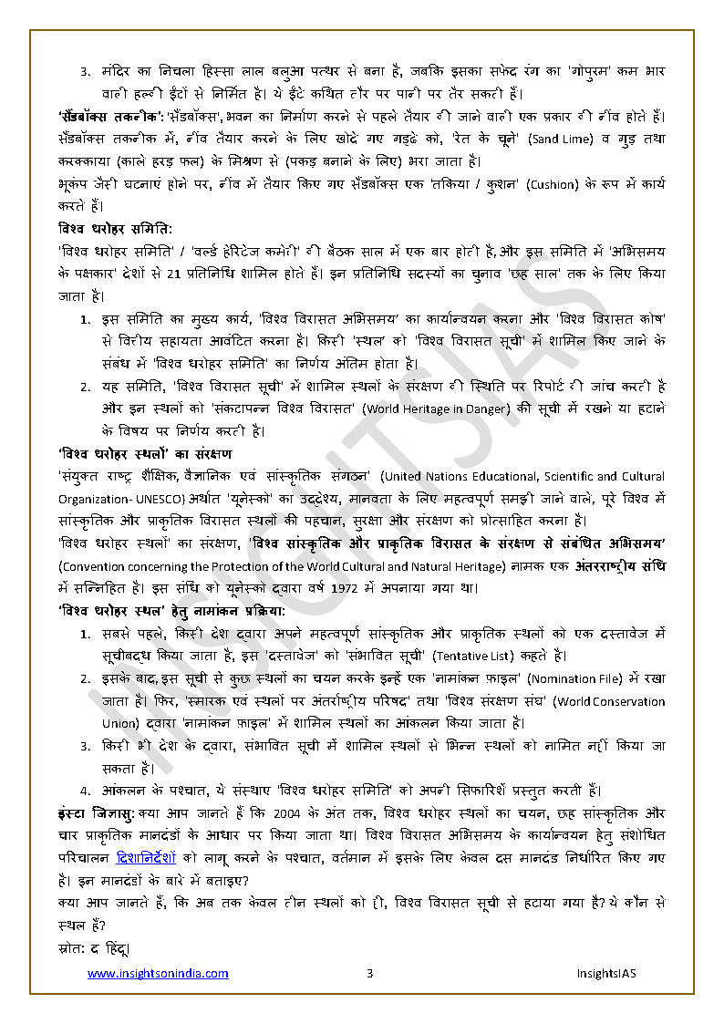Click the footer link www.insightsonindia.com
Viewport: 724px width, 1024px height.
coord(158,974)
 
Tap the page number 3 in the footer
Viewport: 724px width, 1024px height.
coord(369,974)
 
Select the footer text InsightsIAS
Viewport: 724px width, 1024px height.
coord(606,974)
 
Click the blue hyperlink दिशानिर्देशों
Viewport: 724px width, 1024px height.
coord(150,858)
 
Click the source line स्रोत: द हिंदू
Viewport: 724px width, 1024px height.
coord(92,948)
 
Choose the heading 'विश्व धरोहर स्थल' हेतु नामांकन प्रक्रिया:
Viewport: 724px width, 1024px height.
coord(171,610)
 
